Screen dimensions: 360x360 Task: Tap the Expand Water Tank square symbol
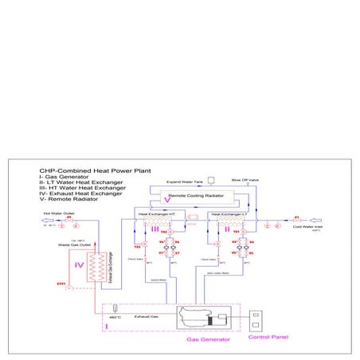(x=210, y=178)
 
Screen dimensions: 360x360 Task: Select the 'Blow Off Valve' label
(x=244, y=180)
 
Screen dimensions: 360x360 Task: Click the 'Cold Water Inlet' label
(x=306, y=227)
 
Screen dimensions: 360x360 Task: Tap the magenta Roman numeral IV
(x=80, y=265)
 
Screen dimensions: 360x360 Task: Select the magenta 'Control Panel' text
(x=266, y=337)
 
